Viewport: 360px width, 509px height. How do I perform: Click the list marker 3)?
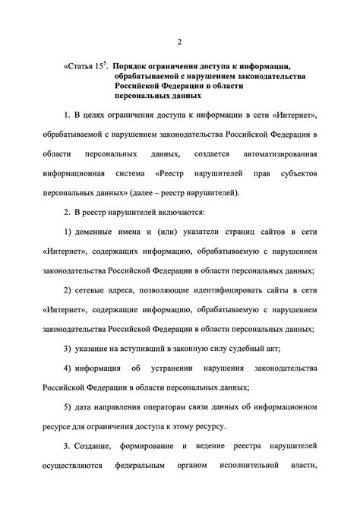click(x=69, y=348)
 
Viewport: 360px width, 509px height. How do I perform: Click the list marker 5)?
click(x=69, y=406)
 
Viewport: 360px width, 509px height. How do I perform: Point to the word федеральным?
click(x=142, y=485)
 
